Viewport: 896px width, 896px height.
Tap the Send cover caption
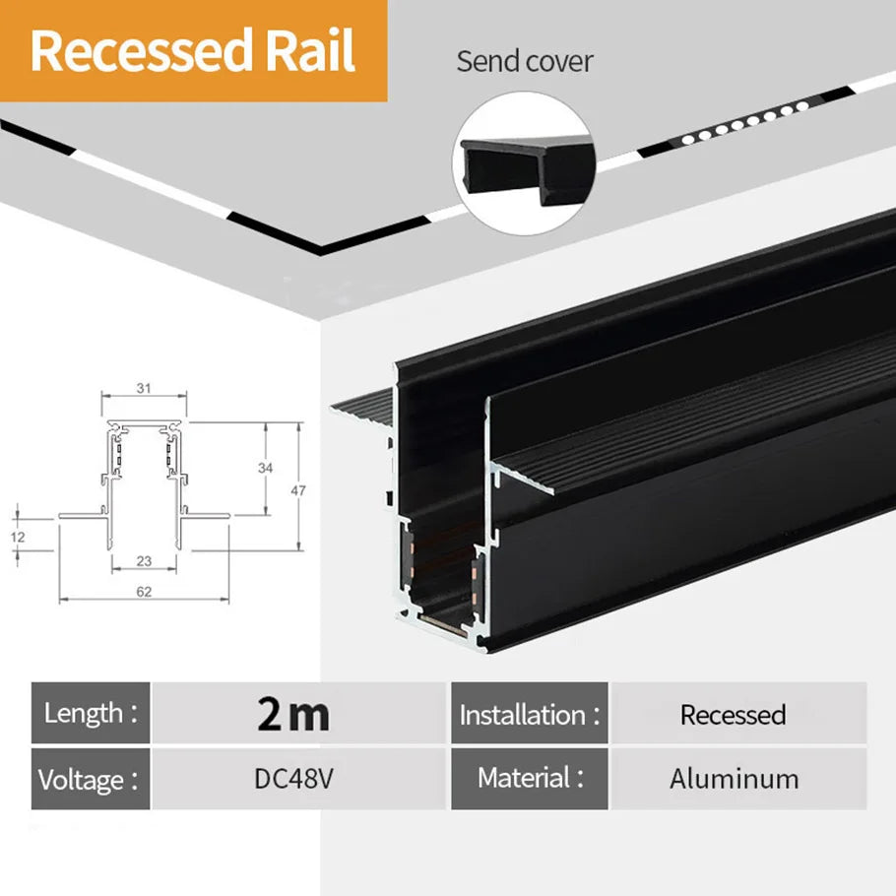click(x=525, y=61)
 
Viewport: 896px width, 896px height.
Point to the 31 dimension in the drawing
click(x=144, y=388)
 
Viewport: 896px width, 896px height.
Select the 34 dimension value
click(x=265, y=469)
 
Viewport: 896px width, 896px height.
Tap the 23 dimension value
click(x=144, y=561)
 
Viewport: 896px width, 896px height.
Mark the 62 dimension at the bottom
click(x=144, y=592)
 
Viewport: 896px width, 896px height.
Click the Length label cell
click(x=91, y=713)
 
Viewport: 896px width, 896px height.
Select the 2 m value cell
click(x=293, y=713)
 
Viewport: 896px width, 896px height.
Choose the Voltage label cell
click(x=91, y=779)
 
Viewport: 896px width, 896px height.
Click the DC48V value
click(x=293, y=779)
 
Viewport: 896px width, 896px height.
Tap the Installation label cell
click(x=530, y=714)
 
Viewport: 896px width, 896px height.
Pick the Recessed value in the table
click(x=733, y=714)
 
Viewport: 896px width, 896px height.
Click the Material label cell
click(x=530, y=779)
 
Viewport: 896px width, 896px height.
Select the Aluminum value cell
click(x=735, y=779)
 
